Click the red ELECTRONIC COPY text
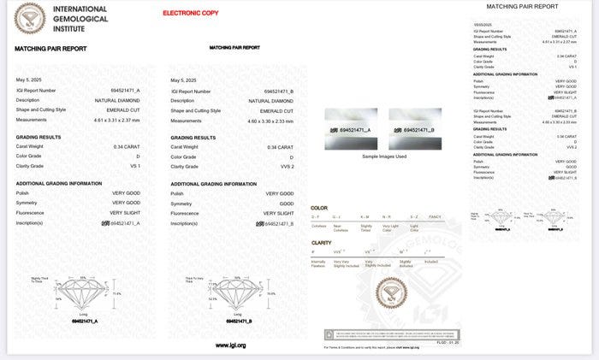[x=190, y=13]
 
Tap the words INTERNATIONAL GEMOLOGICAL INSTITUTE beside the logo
[x=80, y=18]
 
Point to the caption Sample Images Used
[x=383, y=156]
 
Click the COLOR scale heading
[x=319, y=208]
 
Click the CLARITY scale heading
[x=322, y=243]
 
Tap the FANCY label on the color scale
[x=435, y=218]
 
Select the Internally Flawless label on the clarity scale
[x=318, y=263]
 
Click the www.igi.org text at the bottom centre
[x=230, y=345]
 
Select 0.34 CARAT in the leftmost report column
[x=128, y=147]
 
